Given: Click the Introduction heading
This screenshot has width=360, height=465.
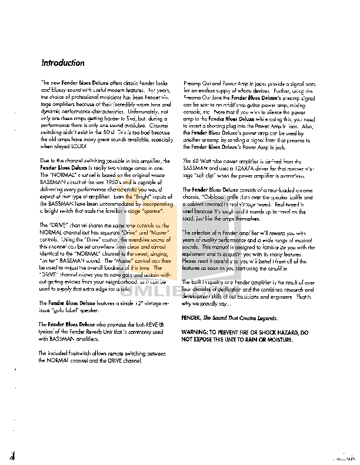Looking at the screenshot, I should (62, 63).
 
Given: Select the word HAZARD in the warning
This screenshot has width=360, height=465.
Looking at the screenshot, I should (286, 333).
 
